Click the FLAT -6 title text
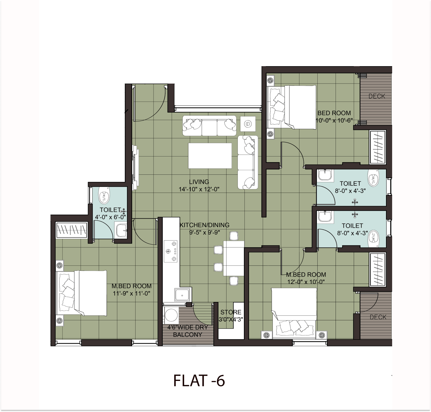click(199, 381)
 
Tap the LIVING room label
click(199, 182)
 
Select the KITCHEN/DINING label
click(205, 225)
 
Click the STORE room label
click(231, 312)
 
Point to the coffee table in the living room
click(210, 156)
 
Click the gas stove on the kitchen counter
click(170, 251)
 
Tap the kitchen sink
click(182, 295)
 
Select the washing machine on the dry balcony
click(171, 315)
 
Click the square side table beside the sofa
click(248, 124)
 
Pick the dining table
click(233, 258)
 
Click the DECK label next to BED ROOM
click(377, 96)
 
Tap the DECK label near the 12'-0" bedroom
click(378, 317)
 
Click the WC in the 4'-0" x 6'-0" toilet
click(104, 195)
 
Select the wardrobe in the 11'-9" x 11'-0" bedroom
click(72, 230)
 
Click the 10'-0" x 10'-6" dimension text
click(334, 121)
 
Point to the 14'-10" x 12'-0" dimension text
click(199, 189)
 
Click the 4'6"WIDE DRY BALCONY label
click(188, 331)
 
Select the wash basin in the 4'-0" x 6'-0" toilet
click(121, 230)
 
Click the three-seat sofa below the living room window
click(209, 126)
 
